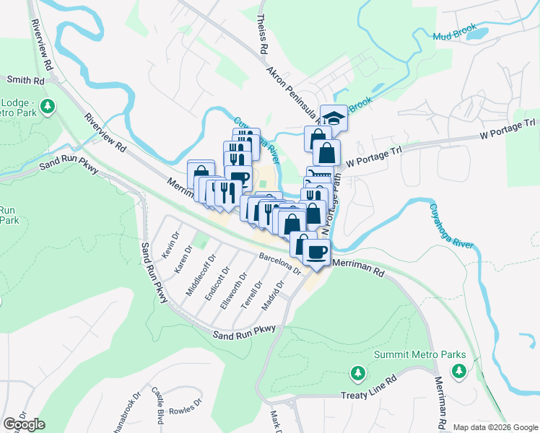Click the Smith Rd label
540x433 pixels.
coord(22,79)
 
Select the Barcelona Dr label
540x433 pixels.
coord(279,263)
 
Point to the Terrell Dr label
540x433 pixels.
coord(251,295)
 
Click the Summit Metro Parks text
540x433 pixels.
coord(419,354)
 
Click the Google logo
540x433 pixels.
coord(24,424)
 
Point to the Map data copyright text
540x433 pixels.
coord(495,427)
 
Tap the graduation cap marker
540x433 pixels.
coord(334,117)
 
